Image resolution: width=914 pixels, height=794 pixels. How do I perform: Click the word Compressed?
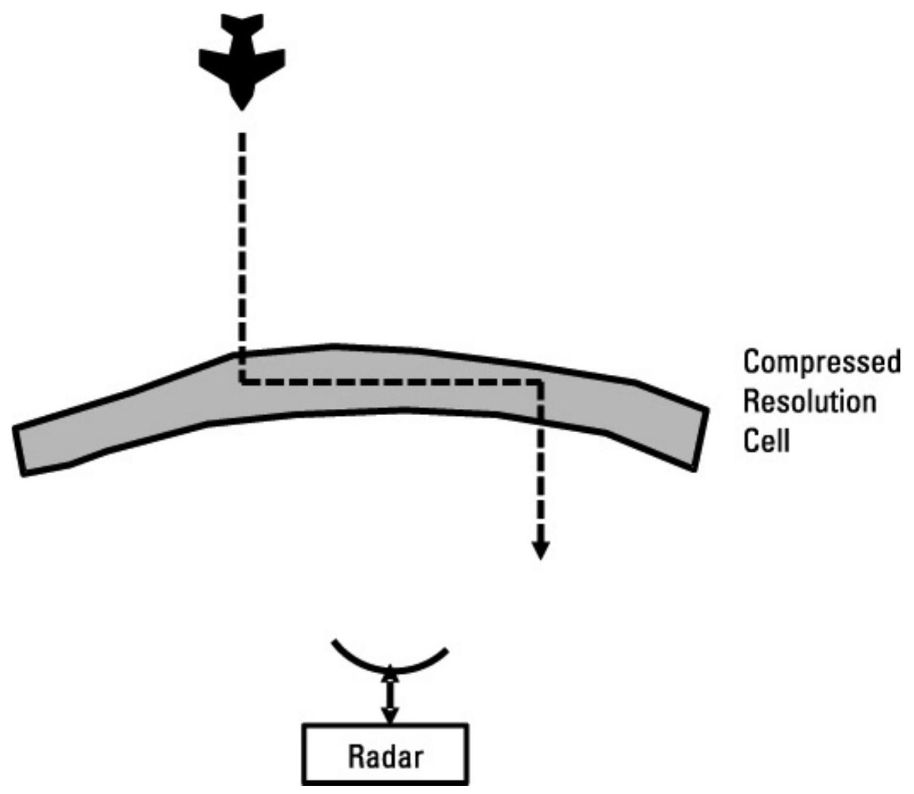(821, 363)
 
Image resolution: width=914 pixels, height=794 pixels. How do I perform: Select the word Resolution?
(810, 401)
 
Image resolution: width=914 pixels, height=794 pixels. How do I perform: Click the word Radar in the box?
(385, 756)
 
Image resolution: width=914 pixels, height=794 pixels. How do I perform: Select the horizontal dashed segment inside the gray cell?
(389, 382)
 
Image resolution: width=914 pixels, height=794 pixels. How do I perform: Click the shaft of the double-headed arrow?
(389, 694)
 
